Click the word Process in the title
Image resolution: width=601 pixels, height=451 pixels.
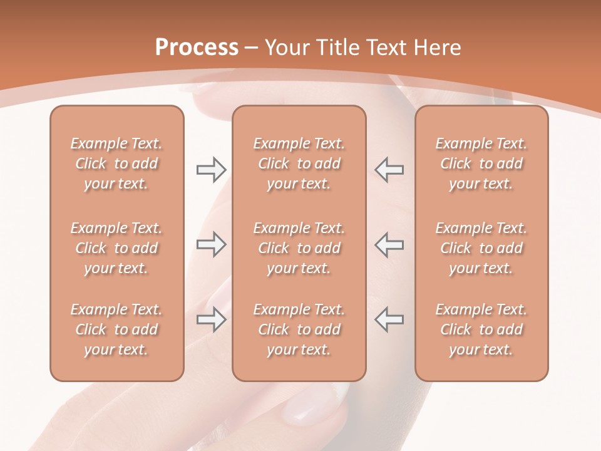point(197,48)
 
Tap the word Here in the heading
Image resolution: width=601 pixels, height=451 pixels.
point(438,48)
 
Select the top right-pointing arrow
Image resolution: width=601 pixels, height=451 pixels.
point(211,169)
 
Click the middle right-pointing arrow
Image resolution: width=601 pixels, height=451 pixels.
point(211,244)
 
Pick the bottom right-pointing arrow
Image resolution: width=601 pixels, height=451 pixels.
point(211,319)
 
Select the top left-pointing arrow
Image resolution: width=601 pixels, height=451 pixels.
point(389,169)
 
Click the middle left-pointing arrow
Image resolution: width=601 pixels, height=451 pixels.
point(389,244)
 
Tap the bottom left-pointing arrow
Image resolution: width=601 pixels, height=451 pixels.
point(389,319)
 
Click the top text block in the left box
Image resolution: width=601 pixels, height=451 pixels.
point(116,163)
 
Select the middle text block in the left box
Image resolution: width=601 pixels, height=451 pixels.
point(116,248)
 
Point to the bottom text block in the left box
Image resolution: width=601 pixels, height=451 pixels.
point(116,329)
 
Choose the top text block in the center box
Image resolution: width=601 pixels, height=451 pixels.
point(299,163)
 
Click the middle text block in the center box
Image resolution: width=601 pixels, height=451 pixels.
point(299,248)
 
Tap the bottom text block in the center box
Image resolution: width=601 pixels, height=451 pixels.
point(299,329)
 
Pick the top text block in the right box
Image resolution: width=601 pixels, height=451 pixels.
point(481,163)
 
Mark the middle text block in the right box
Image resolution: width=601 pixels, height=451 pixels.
point(481,248)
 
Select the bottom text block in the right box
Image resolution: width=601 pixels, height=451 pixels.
point(481,329)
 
